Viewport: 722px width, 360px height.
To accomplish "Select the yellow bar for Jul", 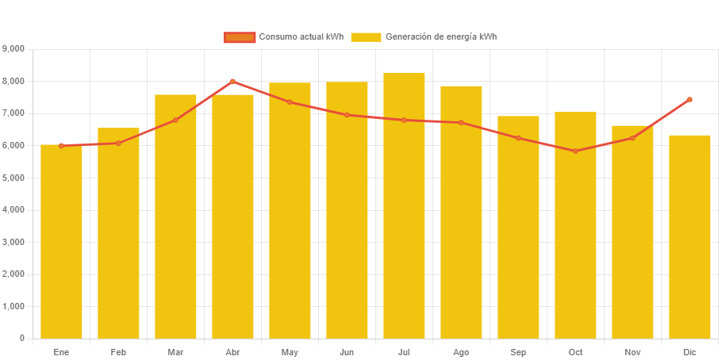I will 404,205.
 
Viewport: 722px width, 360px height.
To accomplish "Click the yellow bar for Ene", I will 61,242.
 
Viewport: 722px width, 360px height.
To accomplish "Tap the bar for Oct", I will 575,225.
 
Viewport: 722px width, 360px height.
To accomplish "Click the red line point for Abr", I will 232,81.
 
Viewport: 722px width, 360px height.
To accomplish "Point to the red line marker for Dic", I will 689,99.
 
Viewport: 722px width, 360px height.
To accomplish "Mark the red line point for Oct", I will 575,151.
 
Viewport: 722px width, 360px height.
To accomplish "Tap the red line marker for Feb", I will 118,143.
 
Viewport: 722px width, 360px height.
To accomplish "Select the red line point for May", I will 290,102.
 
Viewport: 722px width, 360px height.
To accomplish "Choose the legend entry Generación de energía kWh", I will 424,37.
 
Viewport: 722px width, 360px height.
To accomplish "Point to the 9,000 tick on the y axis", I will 14,48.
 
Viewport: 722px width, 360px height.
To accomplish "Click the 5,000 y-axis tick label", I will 14,178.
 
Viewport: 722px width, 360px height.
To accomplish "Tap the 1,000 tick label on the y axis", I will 14,306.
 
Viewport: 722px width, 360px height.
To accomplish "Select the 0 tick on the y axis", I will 21,339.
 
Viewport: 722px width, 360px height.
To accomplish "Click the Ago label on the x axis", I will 461,351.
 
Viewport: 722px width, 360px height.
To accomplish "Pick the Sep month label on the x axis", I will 518,351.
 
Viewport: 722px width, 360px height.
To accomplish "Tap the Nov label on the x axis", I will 632,351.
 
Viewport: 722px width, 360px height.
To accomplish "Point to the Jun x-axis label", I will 347,351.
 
